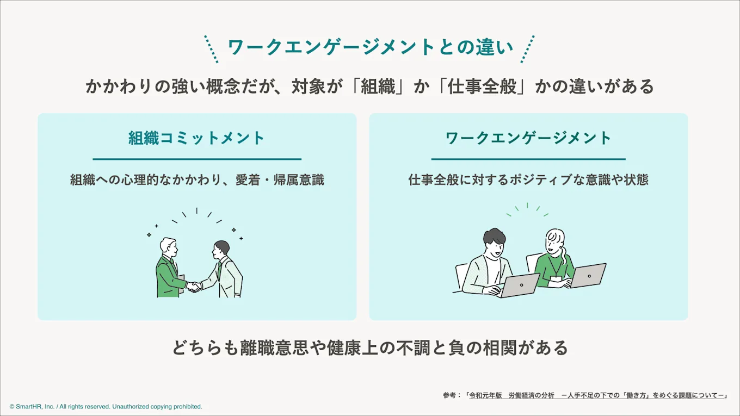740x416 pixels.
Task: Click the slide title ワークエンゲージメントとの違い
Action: tap(370, 47)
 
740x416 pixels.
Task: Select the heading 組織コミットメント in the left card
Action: tap(196, 138)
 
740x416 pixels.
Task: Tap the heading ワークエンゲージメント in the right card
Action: tap(528, 138)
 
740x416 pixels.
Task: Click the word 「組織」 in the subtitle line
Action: tap(378, 87)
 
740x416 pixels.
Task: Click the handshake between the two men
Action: tap(194, 286)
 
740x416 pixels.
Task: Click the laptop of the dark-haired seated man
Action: tap(520, 285)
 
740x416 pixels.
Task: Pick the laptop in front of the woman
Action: tap(588, 275)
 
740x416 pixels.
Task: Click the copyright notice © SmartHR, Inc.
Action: tap(106, 406)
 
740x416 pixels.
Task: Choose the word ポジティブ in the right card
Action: tap(546, 180)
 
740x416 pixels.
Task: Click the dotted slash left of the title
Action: tap(211, 49)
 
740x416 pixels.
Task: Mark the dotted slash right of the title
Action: tap(527, 49)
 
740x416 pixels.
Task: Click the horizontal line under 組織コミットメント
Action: tap(197, 159)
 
